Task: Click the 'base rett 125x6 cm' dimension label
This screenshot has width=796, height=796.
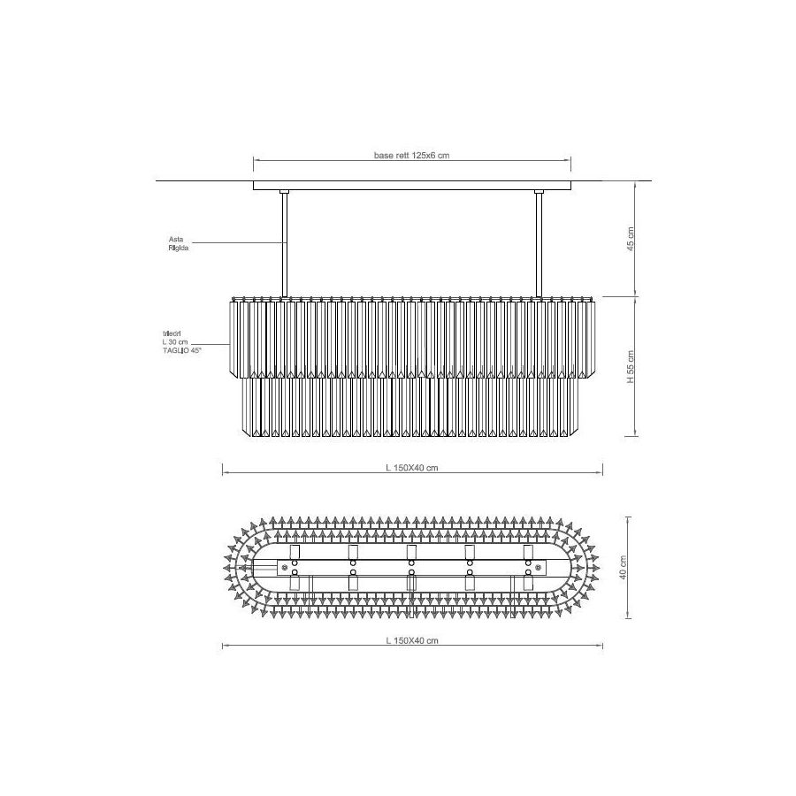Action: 411,156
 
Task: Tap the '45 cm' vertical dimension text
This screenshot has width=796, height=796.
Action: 631,239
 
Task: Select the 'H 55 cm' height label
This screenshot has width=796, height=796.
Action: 631,366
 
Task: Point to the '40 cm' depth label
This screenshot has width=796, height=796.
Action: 624,567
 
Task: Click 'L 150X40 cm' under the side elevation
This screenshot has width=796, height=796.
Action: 411,468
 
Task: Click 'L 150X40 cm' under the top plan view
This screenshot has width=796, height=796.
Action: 411,640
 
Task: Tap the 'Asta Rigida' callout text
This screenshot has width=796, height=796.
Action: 179,243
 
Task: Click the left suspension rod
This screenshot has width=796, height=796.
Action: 284,245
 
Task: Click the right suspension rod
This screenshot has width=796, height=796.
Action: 540,245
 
